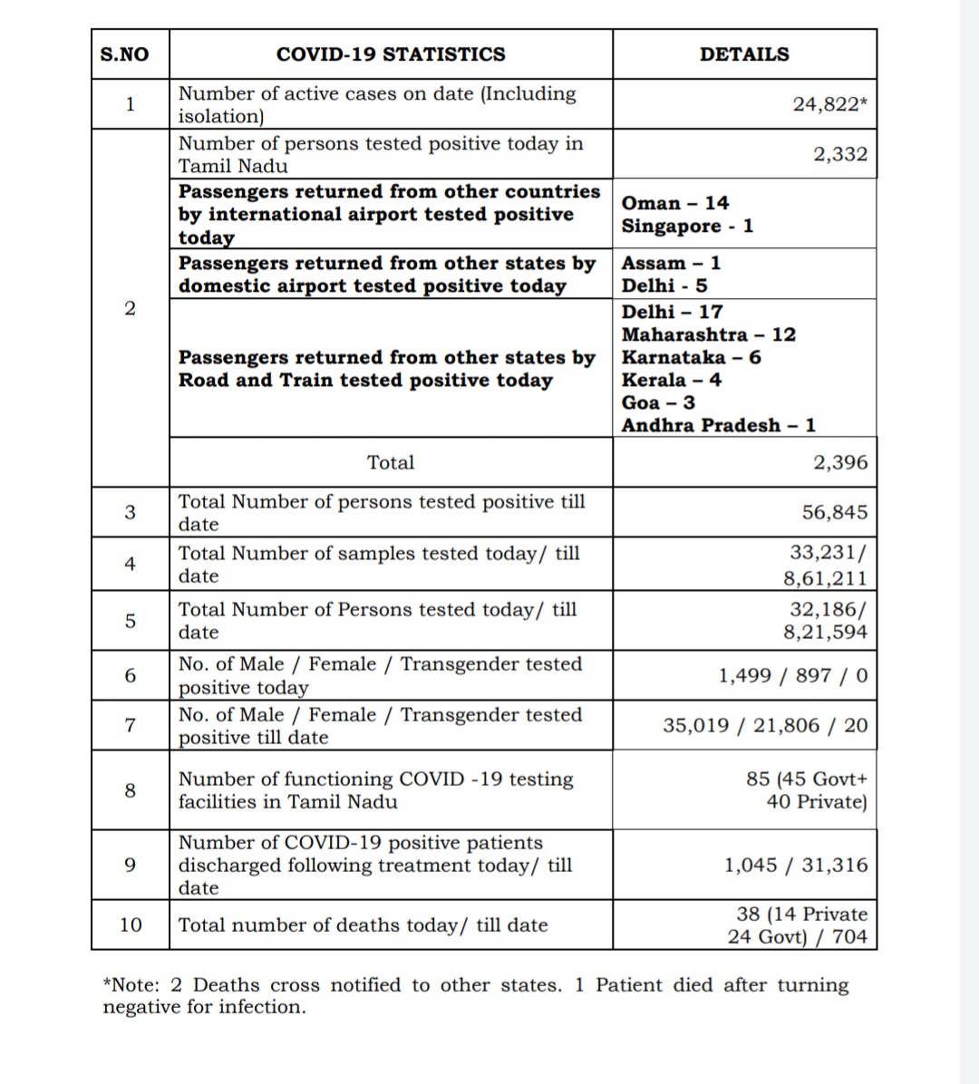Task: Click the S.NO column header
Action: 124,54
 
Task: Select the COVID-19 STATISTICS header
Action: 391,54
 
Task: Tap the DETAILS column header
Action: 744,54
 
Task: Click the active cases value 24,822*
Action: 829,104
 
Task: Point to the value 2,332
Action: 840,154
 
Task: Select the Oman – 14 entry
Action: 675,203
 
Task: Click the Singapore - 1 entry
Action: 687,226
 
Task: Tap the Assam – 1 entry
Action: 672,263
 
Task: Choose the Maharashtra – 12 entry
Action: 709,334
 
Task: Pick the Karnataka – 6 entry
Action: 692,357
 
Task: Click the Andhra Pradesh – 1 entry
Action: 719,425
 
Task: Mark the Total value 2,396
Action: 840,462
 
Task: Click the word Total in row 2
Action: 391,462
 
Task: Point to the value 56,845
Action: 835,512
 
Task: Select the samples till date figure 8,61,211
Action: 826,578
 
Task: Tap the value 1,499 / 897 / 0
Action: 793,675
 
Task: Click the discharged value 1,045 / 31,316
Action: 796,865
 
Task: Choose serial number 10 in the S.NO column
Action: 131,924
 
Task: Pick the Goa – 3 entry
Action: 659,402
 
